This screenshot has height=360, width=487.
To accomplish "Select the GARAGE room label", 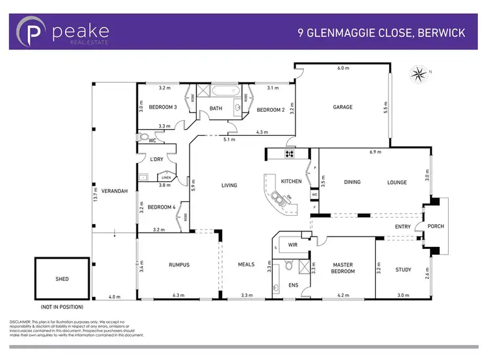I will pyautogui.click(x=343, y=107).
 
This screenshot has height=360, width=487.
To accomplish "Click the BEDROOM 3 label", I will pyautogui.click(x=163, y=107).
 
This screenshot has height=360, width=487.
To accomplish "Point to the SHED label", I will pyautogui.click(x=62, y=279).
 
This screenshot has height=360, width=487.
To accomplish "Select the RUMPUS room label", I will pyautogui.click(x=179, y=264).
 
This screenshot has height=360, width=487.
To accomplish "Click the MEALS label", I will pyautogui.click(x=246, y=264).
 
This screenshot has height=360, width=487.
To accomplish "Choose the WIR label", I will pyautogui.click(x=293, y=245).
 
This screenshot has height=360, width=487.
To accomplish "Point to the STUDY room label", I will pyautogui.click(x=403, y=270).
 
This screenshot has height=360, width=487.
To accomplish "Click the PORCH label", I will pyautogui.click(x=434, y=227).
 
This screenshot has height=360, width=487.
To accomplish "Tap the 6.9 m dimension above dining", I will pyautogui.click(x=374, y=151).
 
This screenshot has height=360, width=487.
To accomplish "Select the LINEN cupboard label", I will pyautogui.click(x=166, y=177).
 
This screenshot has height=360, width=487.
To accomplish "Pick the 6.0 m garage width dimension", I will pyautogui.click(x=342, y=68).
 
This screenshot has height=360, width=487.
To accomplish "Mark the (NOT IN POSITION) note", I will pyautogui.click(x=62, y=305).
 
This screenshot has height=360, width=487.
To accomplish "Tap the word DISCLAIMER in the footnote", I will pyautogui.click(x=23, y=322).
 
